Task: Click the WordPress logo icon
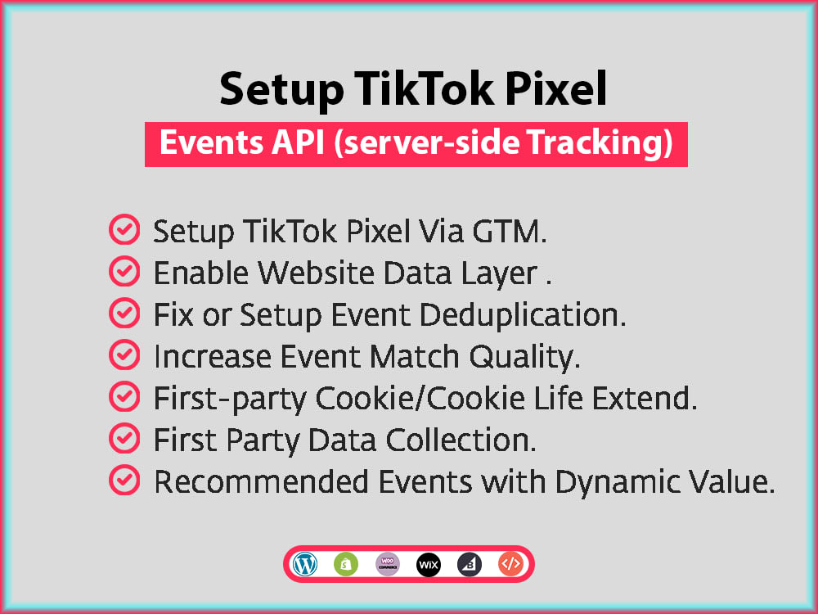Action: click(304, 564)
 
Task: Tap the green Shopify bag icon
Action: click(346, 564)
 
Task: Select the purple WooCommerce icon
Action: click(387, 564)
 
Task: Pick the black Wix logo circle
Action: click(429, 564)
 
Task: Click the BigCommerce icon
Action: click(470, 564)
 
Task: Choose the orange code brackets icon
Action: click(510, 564)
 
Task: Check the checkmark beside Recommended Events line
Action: click(124, 481)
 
